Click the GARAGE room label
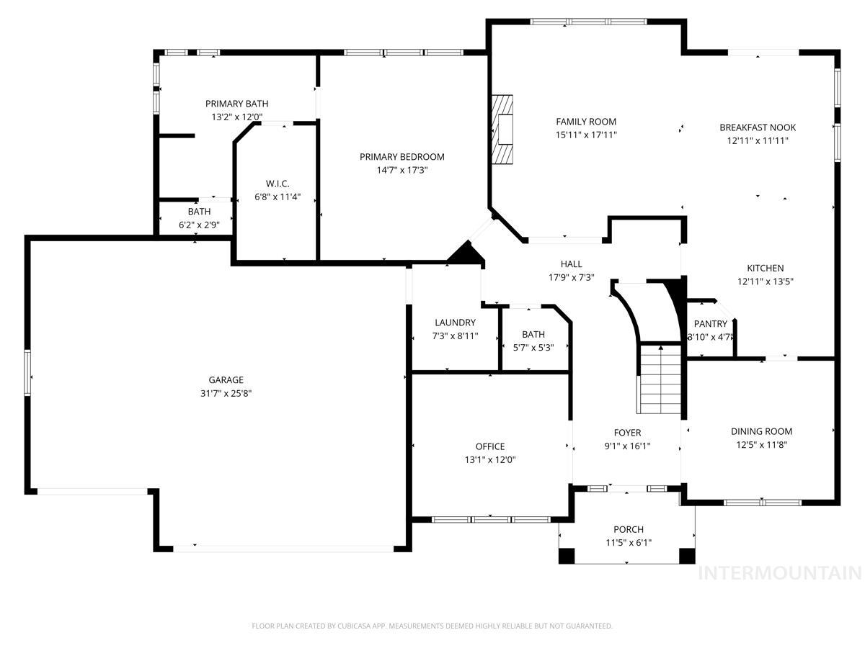click(x=226, y=380)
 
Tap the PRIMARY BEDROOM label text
click(x=402, y=157)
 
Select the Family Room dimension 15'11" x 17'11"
click(x=586, y=135)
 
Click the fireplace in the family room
click(x=502, y=130)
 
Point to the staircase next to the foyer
click(x=660, y=379)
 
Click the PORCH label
click(x=628, y=529)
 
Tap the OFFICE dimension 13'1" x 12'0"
click(x=489, y=459)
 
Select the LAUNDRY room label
click(x=455, y=323)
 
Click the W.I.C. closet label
click(x=277, y=184)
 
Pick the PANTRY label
click(x=710, y=324)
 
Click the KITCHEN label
click(x=765, y=268)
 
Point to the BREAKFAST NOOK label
click(x=758, y=127)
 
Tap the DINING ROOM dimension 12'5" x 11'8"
click(x=761, y=444)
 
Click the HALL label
click(x=571, y=264)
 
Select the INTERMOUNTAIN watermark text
click(x=780, y=573)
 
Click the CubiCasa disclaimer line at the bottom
click(x=432, y=626)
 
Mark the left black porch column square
click(x=567, y=557)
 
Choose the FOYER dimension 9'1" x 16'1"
click(x=627, y=446)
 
